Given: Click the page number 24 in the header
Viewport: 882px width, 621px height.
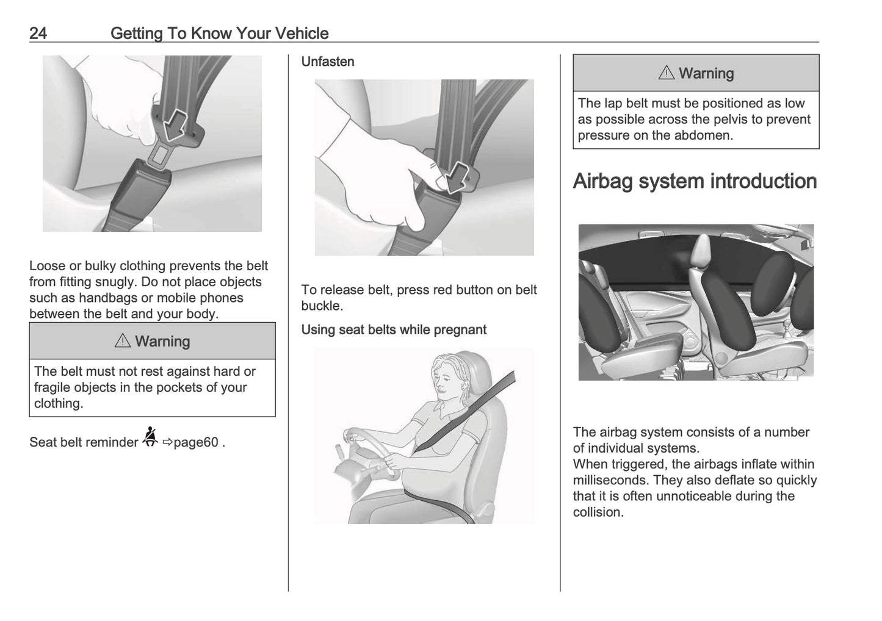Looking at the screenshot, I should coord(38,33).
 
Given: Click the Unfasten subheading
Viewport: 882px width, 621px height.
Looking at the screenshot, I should coord(328,62).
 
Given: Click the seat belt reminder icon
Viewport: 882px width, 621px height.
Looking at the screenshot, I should coord(150,437).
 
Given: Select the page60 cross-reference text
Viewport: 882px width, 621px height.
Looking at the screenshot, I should coord(195,442).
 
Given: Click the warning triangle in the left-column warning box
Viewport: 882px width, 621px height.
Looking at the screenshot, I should coord(123,341).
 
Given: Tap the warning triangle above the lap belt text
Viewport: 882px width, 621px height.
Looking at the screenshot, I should coord(667,73).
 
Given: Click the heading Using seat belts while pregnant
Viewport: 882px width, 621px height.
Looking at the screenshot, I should coord(394,330).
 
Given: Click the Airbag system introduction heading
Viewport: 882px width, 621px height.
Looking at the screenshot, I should coord(695,181).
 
